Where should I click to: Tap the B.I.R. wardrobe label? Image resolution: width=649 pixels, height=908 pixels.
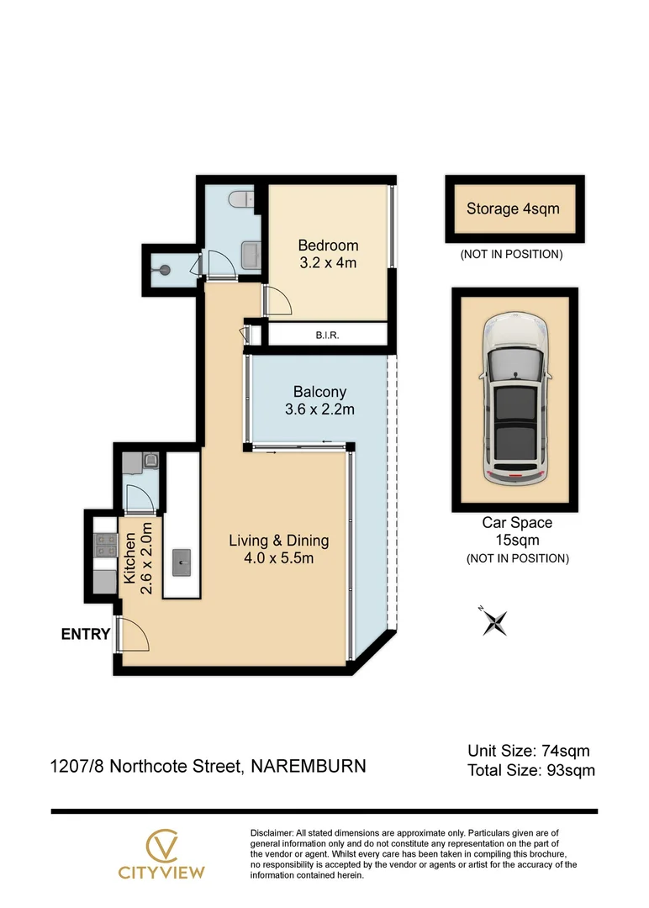(x=327, y=335)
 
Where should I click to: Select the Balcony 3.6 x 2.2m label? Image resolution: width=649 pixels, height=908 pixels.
(x=319, y=400)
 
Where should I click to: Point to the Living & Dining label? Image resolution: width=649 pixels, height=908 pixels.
(x=278, y=549)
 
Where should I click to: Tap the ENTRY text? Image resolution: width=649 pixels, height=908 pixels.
(x=85, y=635)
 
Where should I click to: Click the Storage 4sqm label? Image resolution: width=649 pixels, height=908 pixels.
(x=513, y=209)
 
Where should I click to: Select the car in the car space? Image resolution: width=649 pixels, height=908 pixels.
(x=514, y=400)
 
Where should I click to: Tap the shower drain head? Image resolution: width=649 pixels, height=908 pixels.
(x=166, y=270)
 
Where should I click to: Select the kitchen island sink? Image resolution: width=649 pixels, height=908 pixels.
(x=182, y=562)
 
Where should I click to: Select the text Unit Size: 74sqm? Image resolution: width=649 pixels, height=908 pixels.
(x=529, y=751)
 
